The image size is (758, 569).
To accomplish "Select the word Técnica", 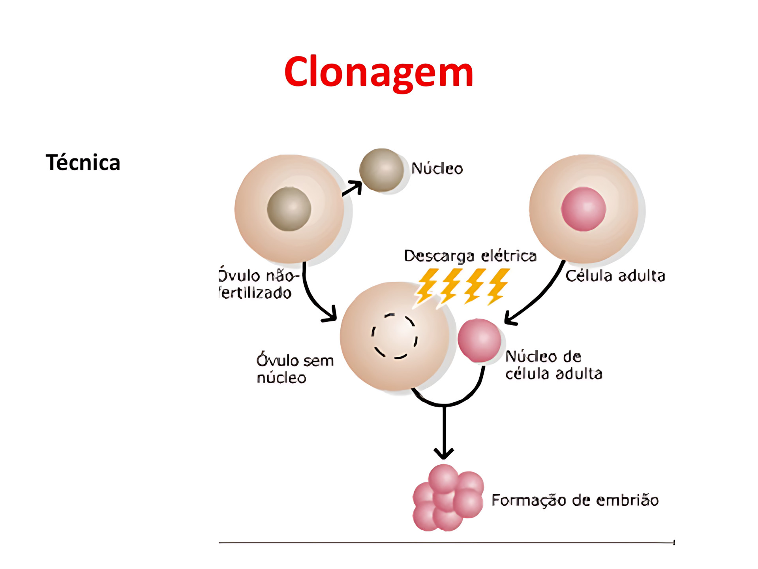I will [x=83, y=162].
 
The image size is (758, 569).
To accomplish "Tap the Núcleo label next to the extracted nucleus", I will [x=437, y=169].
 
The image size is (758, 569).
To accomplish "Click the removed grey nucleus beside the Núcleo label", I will [x=381, y=170].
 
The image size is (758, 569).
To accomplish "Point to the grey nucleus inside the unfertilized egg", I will [x=289, y=209].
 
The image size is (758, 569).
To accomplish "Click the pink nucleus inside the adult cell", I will [x=583, y=209].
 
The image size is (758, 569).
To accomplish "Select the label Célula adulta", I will [x=615, y=276].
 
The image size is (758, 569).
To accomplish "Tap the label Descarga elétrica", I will [x=470, y=256].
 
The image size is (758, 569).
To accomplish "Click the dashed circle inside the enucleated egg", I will [x=394, y=336].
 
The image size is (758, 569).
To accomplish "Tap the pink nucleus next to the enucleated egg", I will [x=479, y=340].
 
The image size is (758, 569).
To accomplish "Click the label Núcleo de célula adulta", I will [x=553, y=365].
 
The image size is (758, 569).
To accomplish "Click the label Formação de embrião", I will [x=574, y=500].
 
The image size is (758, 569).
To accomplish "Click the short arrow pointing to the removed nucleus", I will [x=352, y=188].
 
